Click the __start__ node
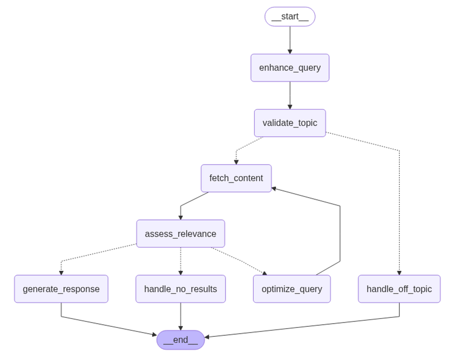290,17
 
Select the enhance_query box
290,68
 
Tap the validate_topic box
290,123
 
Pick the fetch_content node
236,178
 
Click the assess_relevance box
181,233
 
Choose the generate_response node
61,289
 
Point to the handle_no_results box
181,289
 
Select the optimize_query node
292,289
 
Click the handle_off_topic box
399,289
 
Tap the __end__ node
181,340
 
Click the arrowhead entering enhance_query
290,52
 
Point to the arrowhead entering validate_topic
290,107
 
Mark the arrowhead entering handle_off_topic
399,273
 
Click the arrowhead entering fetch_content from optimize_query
274,188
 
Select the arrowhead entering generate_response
61,273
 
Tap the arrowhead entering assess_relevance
181,217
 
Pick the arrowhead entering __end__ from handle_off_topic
207,337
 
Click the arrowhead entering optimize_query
264,273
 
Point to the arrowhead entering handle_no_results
181,273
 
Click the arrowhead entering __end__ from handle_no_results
181,328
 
